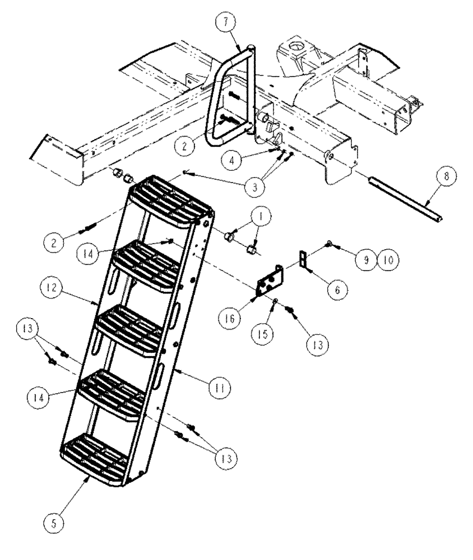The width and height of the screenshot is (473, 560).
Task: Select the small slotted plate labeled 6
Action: [303, 260]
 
